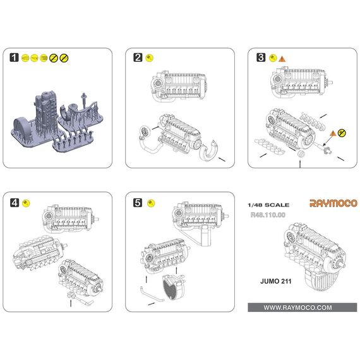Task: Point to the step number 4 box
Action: [14, 203]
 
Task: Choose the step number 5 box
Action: [138, 203]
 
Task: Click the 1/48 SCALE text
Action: [269, 205]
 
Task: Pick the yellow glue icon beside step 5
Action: [150, 203]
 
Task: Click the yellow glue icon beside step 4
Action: [26, 203]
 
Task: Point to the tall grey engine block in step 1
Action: [47, 111]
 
